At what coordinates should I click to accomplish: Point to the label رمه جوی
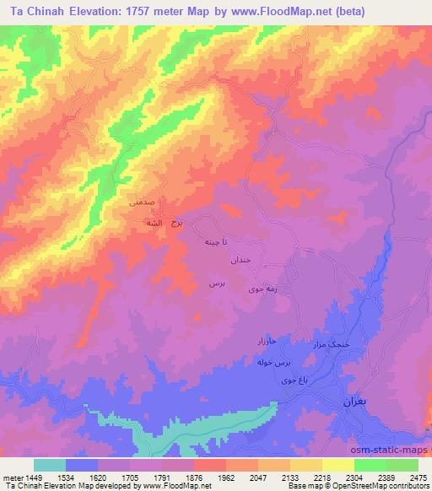tap(255, 289)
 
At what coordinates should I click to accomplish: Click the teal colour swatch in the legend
tap(50, 465)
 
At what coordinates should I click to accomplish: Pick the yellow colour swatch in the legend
tap(338, 465)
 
